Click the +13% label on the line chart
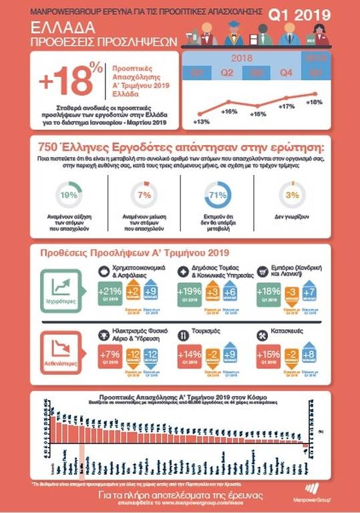[x=200, y=122]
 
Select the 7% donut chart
[x=144, y=196]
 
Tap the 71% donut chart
[x=217, y=196]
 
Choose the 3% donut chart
[x=291, y=196]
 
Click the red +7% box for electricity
[x=108, y=355]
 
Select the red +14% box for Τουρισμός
[x=188, y=355]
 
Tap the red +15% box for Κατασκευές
[x=268, y=355]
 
